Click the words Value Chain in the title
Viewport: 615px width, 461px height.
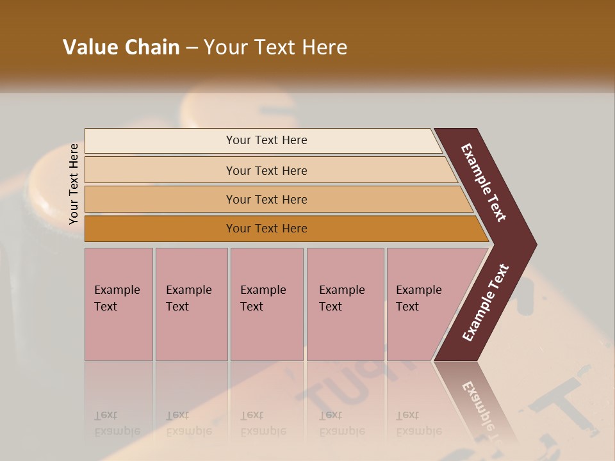[121, 47]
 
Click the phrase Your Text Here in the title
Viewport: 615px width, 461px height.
[275, 47]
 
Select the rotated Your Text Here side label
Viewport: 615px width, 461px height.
[74, 184]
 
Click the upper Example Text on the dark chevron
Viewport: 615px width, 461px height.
[484, 183]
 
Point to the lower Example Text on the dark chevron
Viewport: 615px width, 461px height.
[486, 302]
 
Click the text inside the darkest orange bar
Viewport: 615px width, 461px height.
[266, 229]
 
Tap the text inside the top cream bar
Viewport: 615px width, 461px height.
[266, 140]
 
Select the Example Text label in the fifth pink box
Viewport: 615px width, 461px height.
[419, 298]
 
